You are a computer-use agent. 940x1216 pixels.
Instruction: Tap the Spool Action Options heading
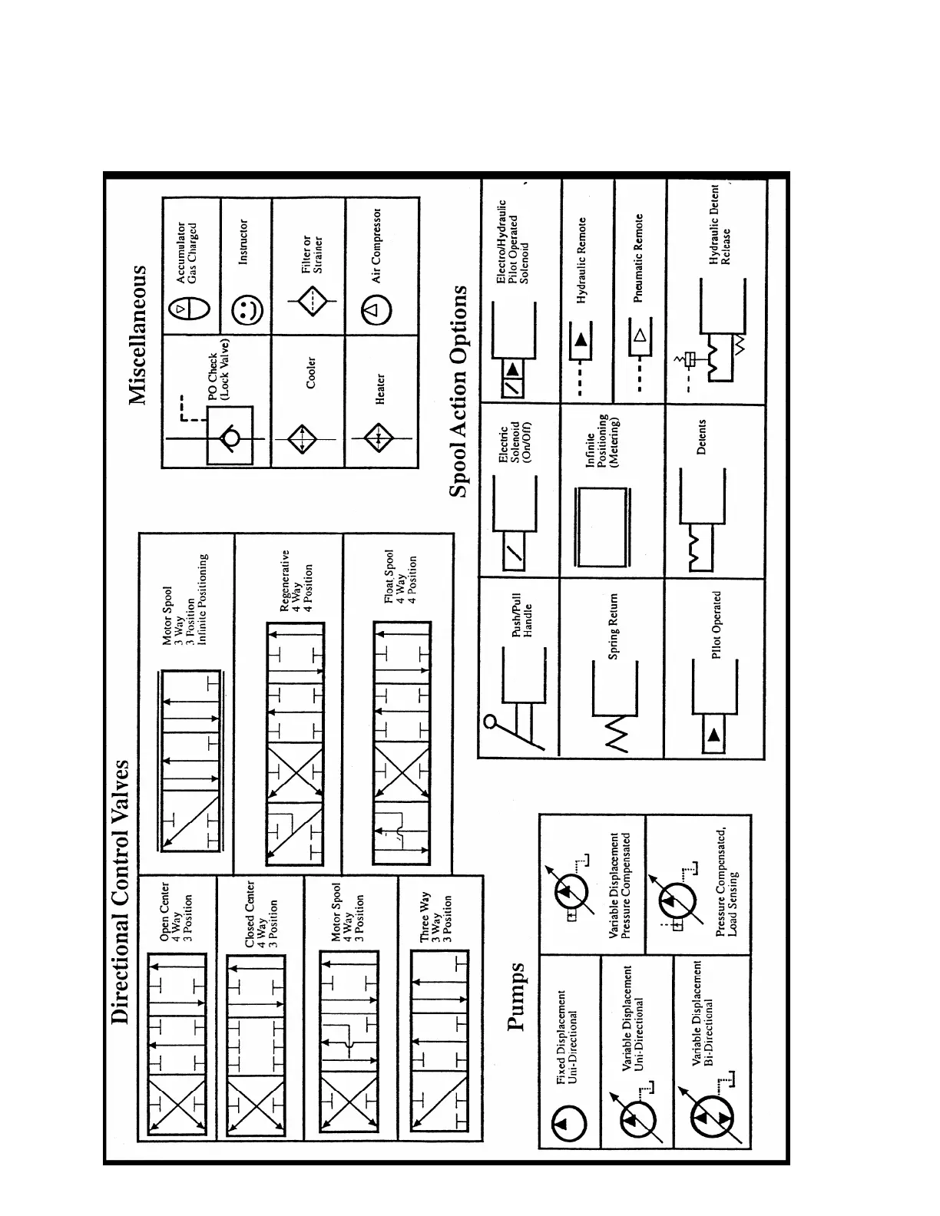click(459, 392)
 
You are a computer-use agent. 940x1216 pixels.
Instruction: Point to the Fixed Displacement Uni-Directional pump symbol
click(569, 1125)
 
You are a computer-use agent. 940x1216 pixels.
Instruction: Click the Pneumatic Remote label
click(638, 257)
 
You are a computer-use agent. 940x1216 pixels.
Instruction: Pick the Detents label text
click(700, 437)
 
